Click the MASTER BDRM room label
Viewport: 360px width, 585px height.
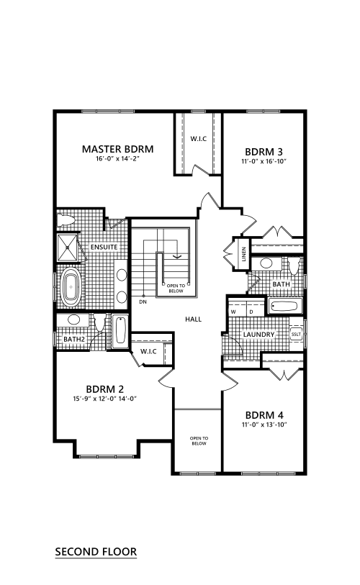pos(117,149)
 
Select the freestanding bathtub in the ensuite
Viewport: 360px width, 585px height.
pos(71,287)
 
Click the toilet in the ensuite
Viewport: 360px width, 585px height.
pos(66,220)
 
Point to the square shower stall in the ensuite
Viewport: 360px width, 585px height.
pos(67,248)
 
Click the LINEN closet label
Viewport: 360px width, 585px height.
pos(244,254)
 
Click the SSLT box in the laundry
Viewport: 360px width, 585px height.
pos(296,335)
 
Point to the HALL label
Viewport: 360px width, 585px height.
pos(194,319)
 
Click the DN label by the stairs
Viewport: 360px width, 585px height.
pos(143,301)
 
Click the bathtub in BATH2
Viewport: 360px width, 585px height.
pos(120,331)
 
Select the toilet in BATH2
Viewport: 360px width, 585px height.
pos(99,322)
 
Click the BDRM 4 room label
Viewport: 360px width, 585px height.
pos(264,415)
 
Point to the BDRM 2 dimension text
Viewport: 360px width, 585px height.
pos(105,399)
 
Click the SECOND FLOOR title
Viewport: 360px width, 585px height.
pos(96,552)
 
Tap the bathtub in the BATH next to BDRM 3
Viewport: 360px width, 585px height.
pos(285,307)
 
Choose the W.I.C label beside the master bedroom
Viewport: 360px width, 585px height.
pos(199,139)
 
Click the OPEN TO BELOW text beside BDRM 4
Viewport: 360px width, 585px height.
pos(199,441)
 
